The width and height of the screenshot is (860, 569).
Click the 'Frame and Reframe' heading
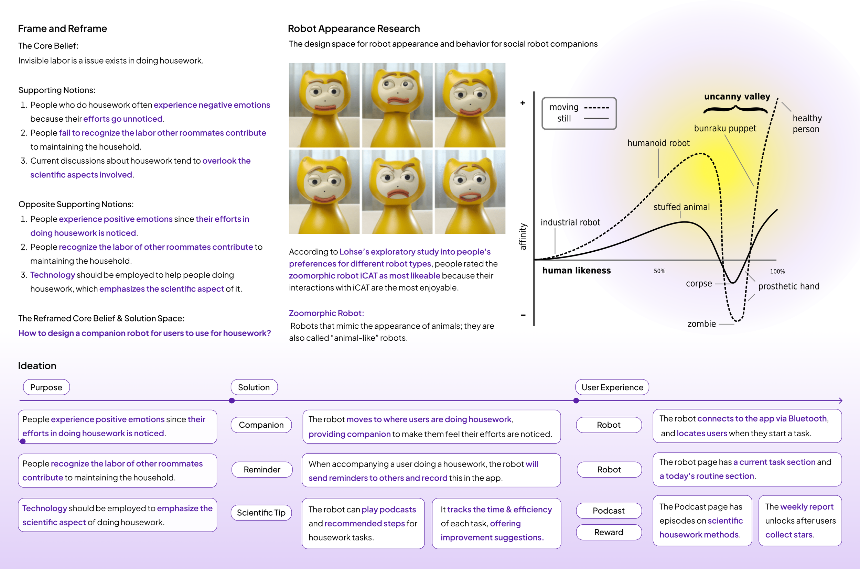tap(63, 29)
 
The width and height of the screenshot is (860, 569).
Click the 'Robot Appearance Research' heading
tap(354, 29)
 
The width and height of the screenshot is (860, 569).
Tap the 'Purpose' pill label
tap(46, 387)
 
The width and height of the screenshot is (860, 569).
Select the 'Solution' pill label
tap(254, 387)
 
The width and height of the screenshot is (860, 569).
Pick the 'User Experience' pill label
tap(612, 387)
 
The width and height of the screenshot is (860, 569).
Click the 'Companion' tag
tap(261, 425)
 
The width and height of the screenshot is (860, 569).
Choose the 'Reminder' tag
tap(262, 470)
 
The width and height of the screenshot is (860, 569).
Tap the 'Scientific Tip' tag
tap(261, 513)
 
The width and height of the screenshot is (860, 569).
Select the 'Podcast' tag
tap(609, 511)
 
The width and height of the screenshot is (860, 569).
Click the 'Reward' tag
tap(609, 532)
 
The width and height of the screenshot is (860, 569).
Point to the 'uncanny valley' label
tap(737, 97)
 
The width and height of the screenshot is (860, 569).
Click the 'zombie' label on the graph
tap(701, 324)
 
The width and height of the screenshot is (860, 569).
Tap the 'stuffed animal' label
tap(681, 207)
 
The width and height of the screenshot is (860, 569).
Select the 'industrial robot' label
tap(570, 222)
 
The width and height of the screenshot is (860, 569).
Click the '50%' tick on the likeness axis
tap(659, 271)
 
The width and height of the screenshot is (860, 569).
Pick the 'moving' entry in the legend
tap(564, 107)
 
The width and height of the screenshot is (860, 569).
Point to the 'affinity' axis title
tap(523, 237)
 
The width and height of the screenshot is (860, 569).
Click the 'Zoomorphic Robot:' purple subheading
tap(326, 313)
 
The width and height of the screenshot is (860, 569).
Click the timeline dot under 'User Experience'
tap(576, 401)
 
